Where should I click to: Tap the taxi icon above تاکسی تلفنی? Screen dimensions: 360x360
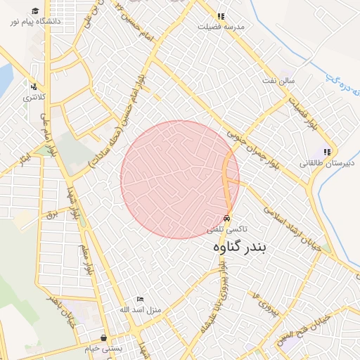pyautogui.click(x=226, y=218)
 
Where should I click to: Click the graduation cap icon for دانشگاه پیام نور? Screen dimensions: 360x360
pyautogui.click(x=35, y=11)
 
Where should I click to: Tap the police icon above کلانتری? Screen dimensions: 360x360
pyautogui.click(x=32, y=86)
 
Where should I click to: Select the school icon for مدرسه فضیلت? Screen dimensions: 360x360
pyautogui.click(x=221, y=15)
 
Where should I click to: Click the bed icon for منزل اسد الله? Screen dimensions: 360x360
pyautogui.click(x=139, y=300)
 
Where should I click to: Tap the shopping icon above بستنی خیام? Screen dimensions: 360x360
pyautogui.click(x=103, y=337)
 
